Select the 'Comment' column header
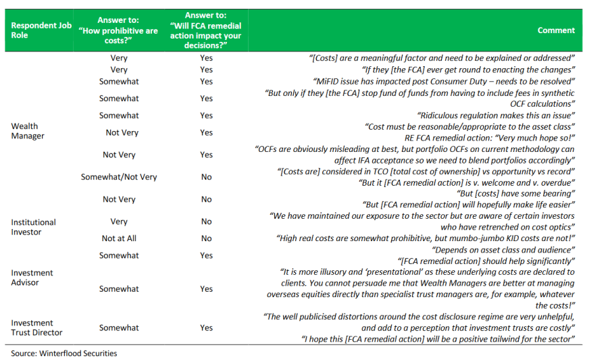coord(556,30)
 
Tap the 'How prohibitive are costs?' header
coord(119,30)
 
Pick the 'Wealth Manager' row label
coord(28,131)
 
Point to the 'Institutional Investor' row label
coord(33,227)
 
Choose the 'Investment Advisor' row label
coord(32,278)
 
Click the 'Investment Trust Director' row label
coord(36,328)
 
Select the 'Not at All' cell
coord(119,238)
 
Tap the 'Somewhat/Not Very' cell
coord(119,177)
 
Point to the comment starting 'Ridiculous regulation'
coord(496,115)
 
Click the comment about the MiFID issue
coord(473,81)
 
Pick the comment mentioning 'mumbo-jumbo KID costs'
coord(426,238)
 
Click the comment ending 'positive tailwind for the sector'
coord(439,339)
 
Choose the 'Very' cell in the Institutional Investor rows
coord(119,222)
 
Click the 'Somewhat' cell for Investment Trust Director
coord(119,328)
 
